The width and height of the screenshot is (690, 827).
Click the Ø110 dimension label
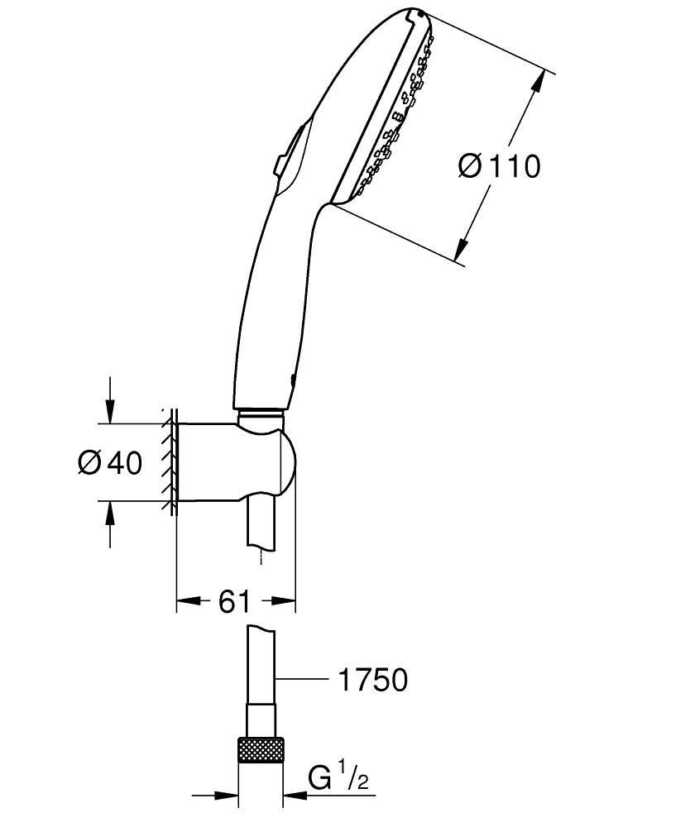pos(499,166)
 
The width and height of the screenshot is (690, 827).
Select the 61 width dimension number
pos(234,601)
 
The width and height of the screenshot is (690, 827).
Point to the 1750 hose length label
pos(372,680)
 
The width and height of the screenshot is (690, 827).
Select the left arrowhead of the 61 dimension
pos(189,601)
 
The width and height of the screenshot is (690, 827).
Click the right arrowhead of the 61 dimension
pos(285,601)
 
